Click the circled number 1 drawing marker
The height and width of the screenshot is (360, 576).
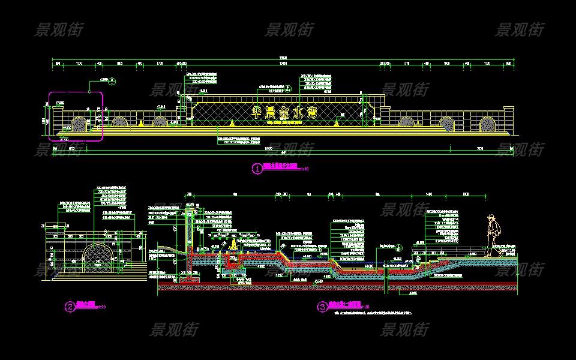point(257,169)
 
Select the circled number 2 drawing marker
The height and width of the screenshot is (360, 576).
point(70,307)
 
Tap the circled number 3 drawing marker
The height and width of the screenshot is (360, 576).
point(322,307)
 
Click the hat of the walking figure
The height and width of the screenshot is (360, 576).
point(491,217)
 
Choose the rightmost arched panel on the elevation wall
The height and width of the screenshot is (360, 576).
point(486,124)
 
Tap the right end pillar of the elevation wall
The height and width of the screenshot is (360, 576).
point(508,118)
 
